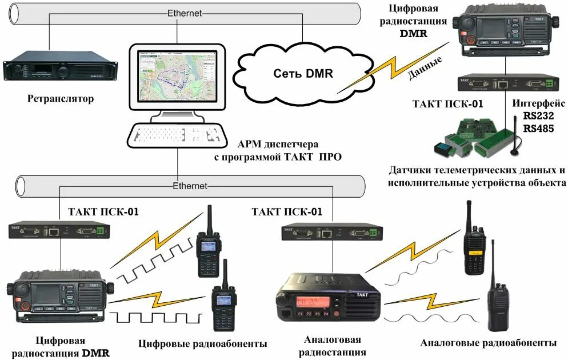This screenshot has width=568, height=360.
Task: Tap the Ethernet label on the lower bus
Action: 190,186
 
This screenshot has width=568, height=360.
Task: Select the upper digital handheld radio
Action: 209,243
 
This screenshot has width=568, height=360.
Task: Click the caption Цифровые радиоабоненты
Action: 203,344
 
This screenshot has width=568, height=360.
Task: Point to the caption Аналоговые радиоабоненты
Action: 488,343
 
